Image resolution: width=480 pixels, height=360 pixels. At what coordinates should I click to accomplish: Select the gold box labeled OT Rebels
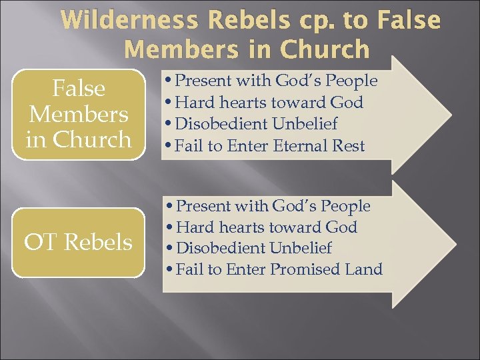pyautogui.click(x=78, y=242)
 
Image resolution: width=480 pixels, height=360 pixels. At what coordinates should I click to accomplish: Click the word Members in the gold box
pyautogui.click(x=78, y=114)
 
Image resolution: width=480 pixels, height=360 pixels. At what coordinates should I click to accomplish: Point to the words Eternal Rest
pyautogui.click(x=319, y=145)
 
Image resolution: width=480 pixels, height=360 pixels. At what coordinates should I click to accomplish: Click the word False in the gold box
pyautogui.click(x=78, y=88)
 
